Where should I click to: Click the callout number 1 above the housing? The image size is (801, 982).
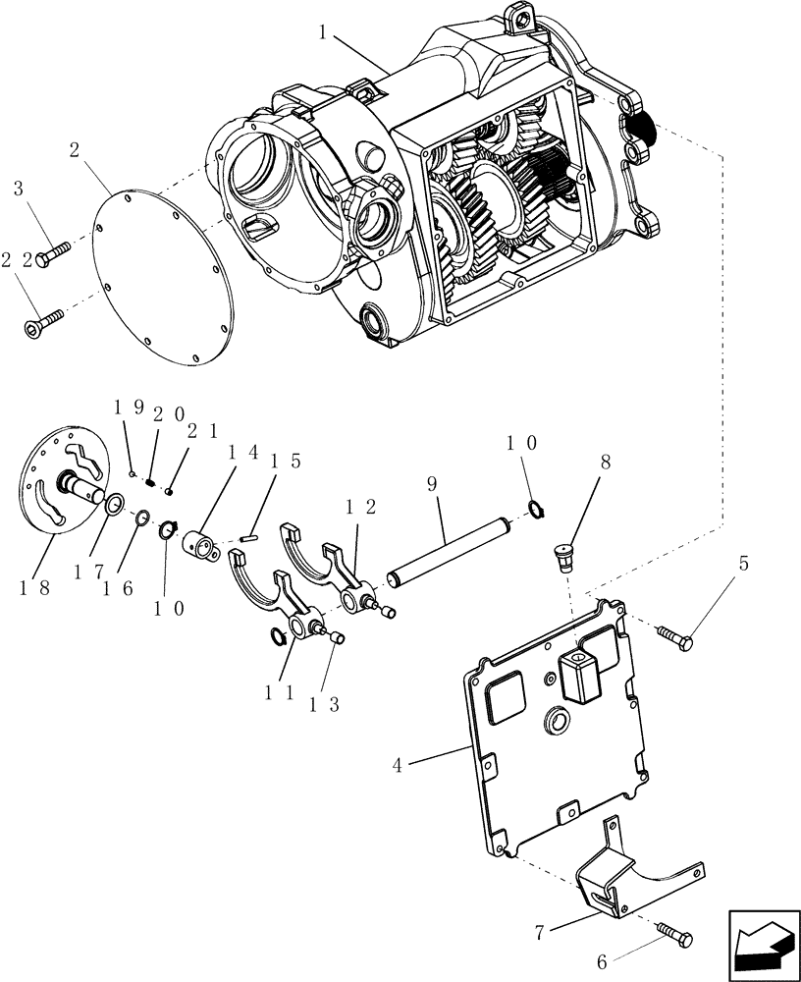(321, 31)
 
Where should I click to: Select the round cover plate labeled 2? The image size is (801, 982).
(163, 279)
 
